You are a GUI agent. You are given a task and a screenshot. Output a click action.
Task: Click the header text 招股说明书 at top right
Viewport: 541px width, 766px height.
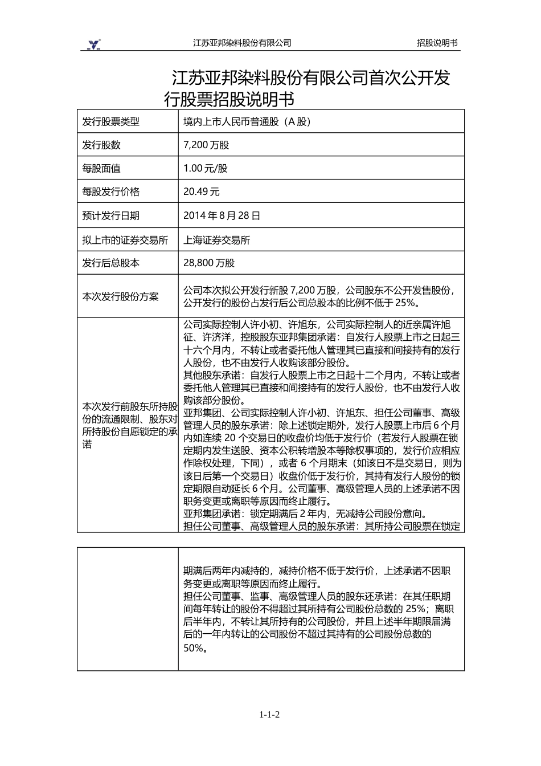coord(437,43)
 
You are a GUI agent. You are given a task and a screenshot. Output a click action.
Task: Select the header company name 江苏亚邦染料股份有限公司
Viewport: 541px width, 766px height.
coord(242,43)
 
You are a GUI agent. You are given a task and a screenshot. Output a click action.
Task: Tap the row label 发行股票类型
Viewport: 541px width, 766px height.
coord(110,121)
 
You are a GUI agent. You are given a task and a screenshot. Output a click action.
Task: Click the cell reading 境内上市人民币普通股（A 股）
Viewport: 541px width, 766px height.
coord(247,121)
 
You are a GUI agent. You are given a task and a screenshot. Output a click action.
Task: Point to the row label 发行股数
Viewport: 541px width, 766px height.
coord(101,145)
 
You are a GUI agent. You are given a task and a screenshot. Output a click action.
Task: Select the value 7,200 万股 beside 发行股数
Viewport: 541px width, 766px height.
coord(206,145)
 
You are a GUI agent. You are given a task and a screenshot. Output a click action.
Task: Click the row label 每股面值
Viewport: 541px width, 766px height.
coord(101,168)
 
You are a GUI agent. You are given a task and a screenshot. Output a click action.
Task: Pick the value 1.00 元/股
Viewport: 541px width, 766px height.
coord(205,168)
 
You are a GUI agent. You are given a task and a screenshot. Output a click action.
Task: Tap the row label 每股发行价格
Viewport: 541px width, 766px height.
coord(110,191)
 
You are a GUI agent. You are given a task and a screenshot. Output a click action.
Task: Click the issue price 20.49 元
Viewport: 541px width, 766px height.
coord(201,191)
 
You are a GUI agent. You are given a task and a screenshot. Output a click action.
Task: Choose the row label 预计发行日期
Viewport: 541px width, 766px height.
coord(110,215)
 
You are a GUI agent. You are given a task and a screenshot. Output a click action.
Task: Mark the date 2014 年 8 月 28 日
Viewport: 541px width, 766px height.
coord(222,215)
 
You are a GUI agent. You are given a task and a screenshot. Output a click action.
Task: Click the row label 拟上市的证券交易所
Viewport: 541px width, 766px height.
coord(125,240)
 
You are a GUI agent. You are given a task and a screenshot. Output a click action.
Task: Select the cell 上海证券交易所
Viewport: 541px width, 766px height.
coord(216,240)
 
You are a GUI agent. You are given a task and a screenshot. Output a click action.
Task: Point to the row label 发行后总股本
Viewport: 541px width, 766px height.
coord(110,263)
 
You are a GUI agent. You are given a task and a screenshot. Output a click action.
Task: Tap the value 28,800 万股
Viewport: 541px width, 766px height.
coord(208,263)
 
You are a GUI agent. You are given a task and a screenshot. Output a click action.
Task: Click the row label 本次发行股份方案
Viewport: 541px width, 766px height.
coord(120,296)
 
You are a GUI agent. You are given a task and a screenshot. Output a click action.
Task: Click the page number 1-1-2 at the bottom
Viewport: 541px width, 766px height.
coord(270,715)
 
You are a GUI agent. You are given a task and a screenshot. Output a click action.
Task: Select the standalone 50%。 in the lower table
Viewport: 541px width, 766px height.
coord(195,648)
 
